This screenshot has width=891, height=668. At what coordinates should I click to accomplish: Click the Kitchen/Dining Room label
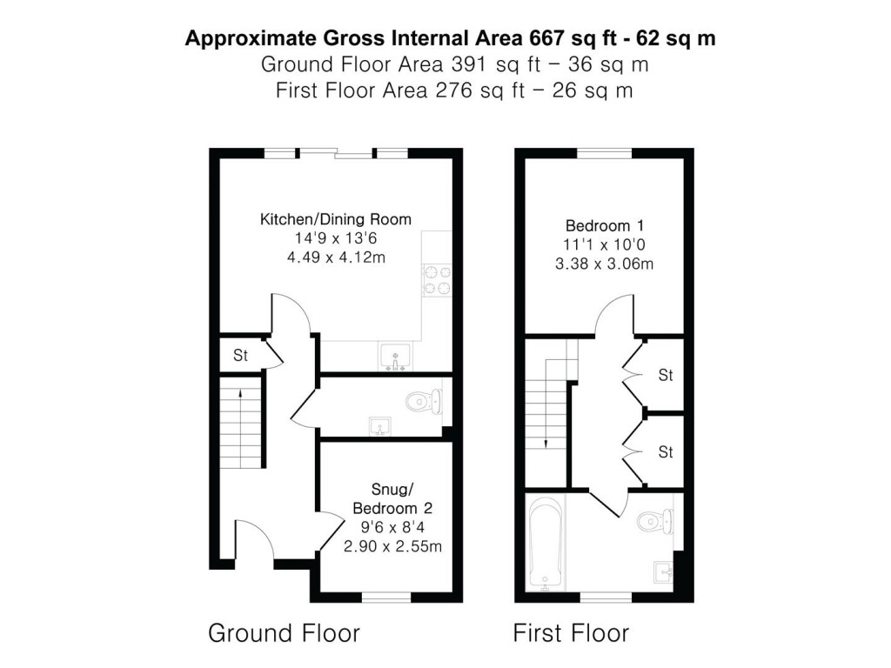(336, 219)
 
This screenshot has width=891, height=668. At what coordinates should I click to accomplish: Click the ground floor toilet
(425, 401)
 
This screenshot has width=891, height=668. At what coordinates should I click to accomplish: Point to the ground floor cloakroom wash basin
(379, 425)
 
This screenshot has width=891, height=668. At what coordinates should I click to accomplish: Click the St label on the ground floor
(240, 356)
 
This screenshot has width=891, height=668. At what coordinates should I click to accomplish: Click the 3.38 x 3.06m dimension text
(604, 264)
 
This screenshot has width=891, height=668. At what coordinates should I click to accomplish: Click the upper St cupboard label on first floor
(666, 376)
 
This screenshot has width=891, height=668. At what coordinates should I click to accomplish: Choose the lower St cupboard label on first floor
(666, 452)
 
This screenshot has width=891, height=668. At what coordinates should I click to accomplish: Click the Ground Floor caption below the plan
(284, 632)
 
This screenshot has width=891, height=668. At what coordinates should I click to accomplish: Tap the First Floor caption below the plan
(571, 632)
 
